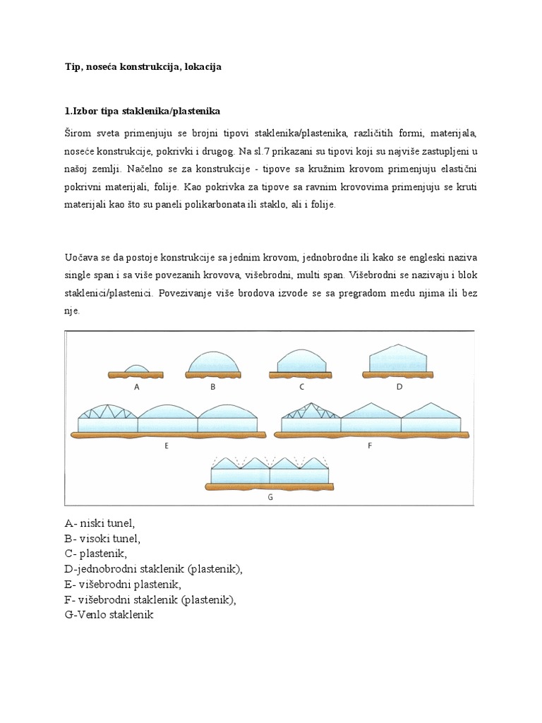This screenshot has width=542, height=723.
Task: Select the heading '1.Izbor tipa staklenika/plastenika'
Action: (x=143, y=112)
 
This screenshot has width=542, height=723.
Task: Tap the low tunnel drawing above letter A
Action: (x=135, y=368)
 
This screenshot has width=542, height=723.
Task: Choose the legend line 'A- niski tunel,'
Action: (x=99, y=523)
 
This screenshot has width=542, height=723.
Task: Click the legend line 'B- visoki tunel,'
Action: (x=102, y=539)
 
